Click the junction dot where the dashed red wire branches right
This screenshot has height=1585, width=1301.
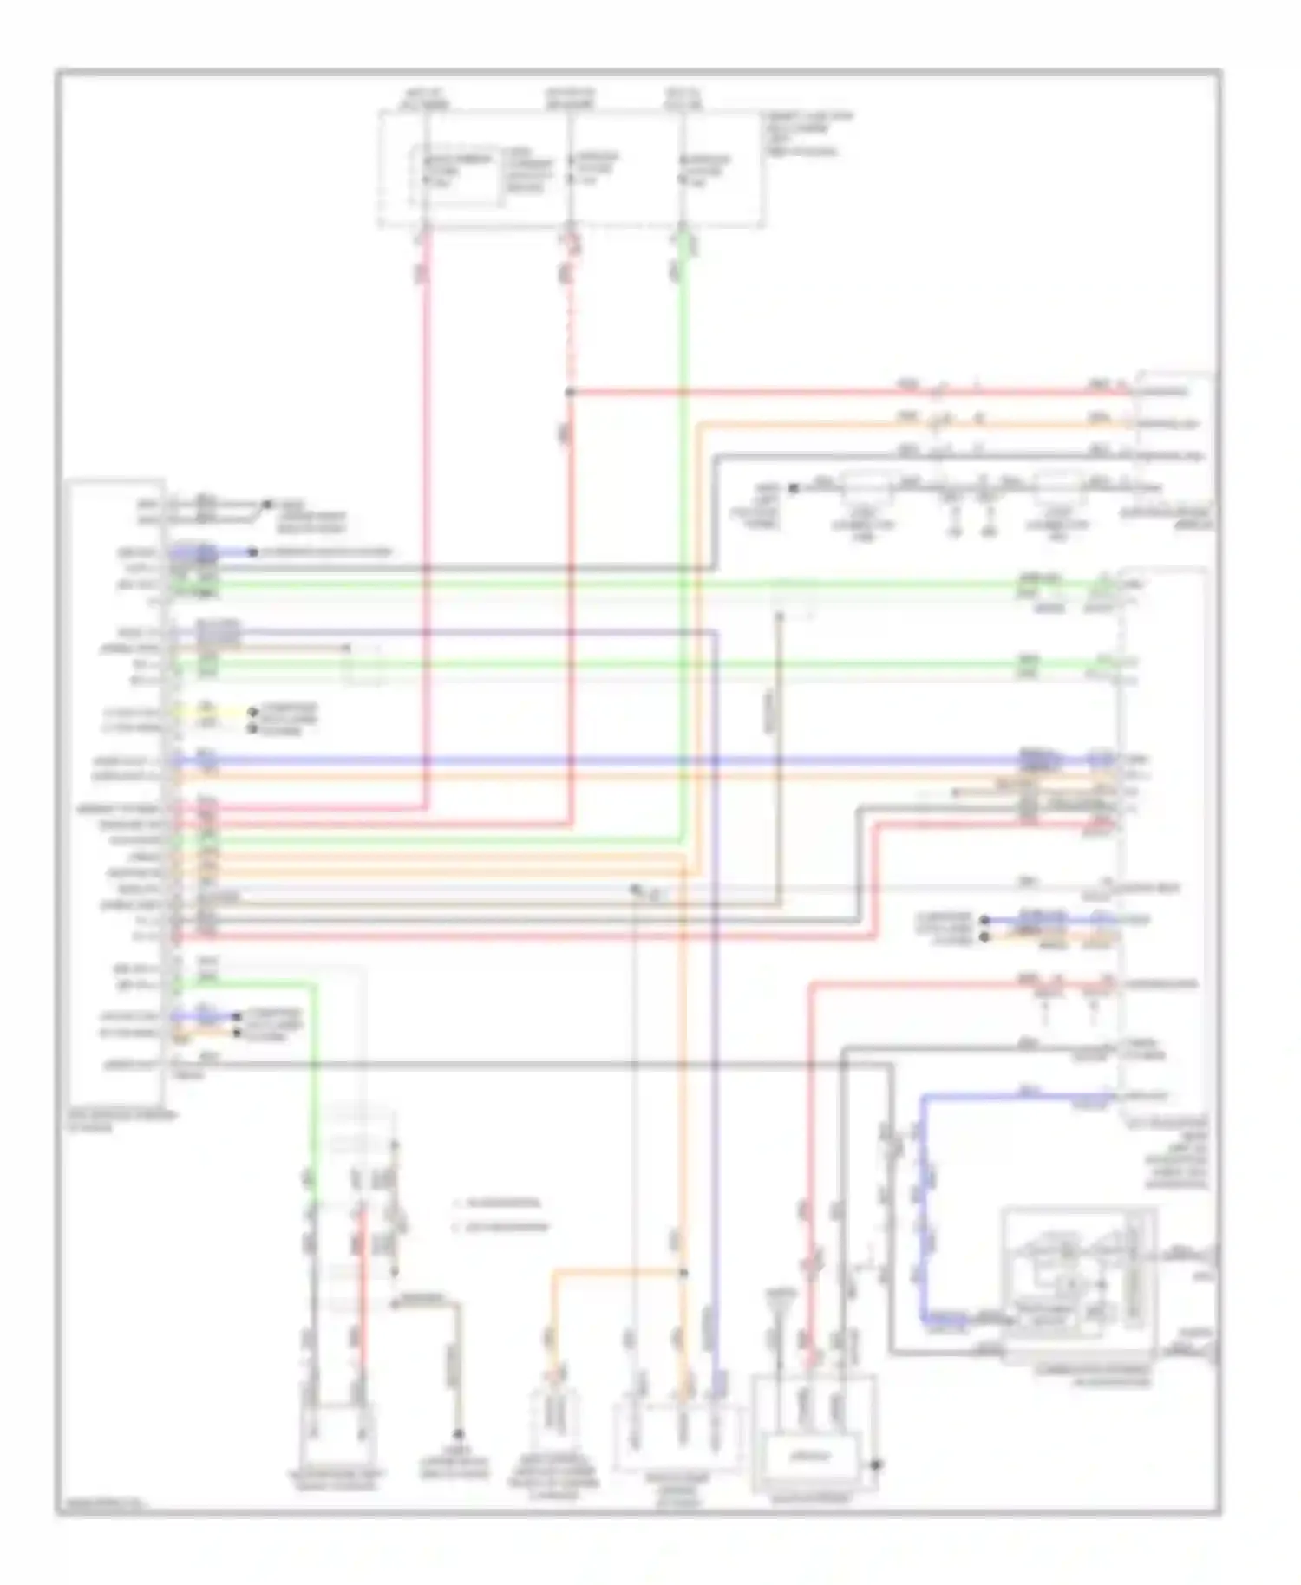[570, 392]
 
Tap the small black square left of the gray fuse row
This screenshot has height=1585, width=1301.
[793, 488]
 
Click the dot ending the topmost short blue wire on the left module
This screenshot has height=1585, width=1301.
[252, 551]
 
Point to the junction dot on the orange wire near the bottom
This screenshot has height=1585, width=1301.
[683, 1273]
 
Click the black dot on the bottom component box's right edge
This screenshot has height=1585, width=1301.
[876, 1464]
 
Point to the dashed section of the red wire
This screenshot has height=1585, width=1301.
[570, 329]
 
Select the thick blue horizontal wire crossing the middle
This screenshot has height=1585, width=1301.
[607, 760]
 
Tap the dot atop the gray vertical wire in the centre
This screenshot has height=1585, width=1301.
[778, 616]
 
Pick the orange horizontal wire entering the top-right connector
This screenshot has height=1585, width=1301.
[911, 424]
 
